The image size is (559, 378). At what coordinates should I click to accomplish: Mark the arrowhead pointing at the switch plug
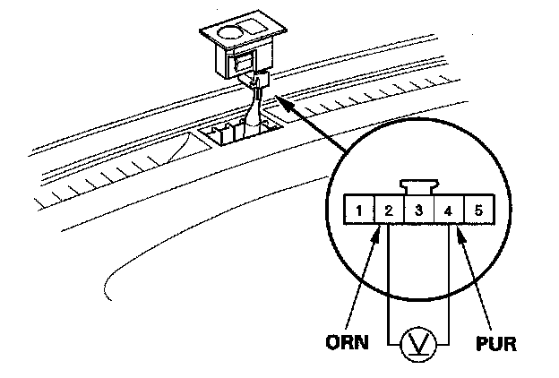point(272,97)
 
